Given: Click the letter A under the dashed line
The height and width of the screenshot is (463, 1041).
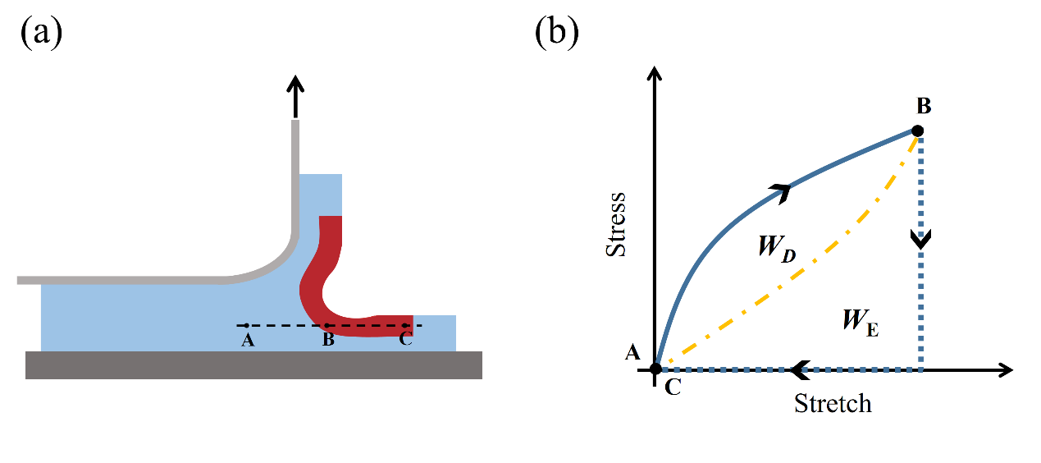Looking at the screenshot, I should [247, 341].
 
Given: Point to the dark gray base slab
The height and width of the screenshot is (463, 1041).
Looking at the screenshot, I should [253, 365].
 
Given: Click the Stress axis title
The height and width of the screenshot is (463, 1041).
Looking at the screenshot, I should [615, 225].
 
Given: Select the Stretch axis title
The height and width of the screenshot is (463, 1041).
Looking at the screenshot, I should [833, 404].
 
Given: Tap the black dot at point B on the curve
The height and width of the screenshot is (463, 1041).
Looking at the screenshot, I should [918, 131].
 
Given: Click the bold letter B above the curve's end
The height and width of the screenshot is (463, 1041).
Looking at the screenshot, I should [923, 107].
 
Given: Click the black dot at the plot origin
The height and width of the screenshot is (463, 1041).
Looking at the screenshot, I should [655, 369].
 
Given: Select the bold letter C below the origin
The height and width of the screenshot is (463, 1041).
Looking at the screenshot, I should [673, 389].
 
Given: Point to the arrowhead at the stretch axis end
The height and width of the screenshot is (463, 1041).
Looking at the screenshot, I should [1006, 370].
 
